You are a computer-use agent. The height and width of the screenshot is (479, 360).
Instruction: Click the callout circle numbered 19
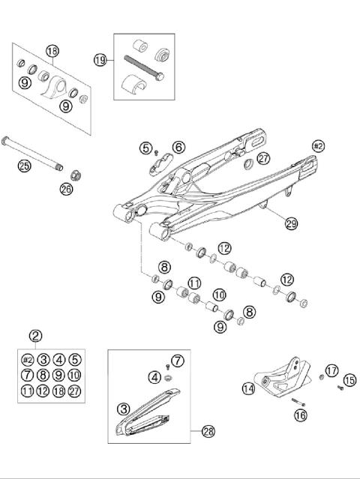click(x=100, y=59)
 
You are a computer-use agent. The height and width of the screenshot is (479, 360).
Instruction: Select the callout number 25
click(x=24, y=166)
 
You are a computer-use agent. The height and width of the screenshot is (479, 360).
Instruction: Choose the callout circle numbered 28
click(x=208, y=431)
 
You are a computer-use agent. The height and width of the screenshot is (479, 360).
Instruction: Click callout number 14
click(x=248, y=388)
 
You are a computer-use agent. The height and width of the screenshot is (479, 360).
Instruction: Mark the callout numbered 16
click(x=301, y=413)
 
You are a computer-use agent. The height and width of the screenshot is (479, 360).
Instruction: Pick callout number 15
click(x=349, y=381)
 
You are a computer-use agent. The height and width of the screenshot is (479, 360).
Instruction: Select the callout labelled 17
click(x=331, y=370)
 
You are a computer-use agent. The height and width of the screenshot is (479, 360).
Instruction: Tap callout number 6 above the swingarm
click(x=178, y=148)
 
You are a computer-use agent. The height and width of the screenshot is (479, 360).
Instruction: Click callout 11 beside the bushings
click(x=195, y=283)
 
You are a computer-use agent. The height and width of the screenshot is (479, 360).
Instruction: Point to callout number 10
click(x=220, y=295)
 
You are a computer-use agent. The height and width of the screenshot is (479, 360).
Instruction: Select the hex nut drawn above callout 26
click(x=76, y=175)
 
